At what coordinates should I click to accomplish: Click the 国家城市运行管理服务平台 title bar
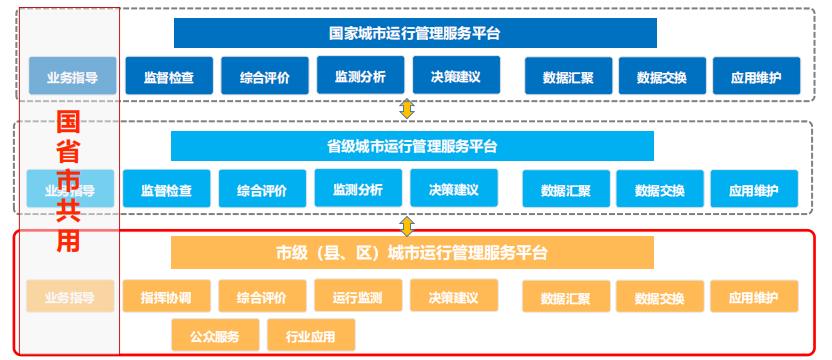point(414,33)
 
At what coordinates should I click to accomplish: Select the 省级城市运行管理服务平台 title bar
point(412,146)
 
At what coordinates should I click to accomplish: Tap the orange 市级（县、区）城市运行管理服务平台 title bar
point(412,253)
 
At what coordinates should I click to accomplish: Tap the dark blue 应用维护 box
point(756,76)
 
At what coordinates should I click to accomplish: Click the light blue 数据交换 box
point(660,189)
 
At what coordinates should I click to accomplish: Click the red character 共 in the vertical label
point(68,212)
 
